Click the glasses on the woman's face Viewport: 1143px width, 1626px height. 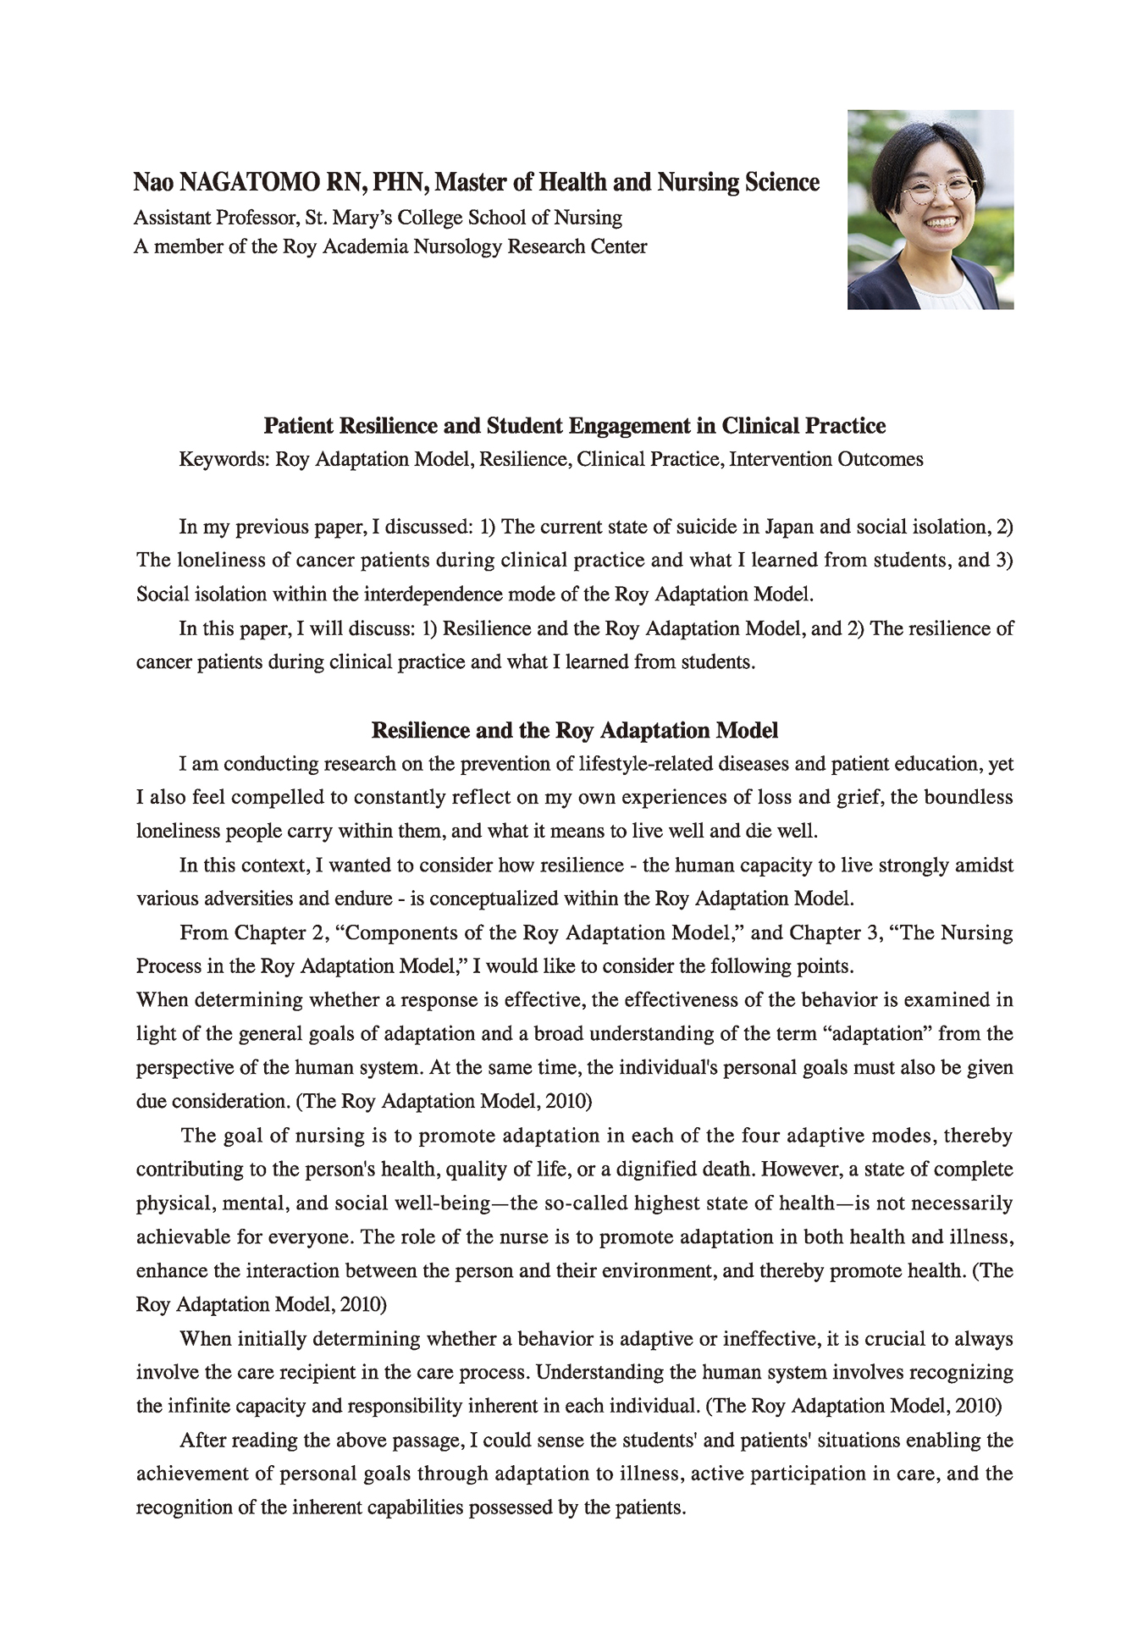[936, 191]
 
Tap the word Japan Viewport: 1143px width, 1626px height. [789, 527]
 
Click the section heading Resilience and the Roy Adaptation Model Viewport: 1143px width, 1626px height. [575, 730]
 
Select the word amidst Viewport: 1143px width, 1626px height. [984, 866]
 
